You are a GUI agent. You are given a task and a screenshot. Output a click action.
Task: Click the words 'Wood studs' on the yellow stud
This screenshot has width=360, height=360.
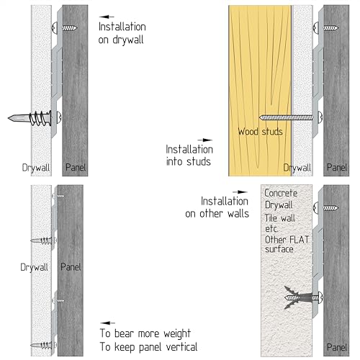point(260,132)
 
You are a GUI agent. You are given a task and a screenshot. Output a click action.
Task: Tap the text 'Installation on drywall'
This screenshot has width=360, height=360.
point(122,33)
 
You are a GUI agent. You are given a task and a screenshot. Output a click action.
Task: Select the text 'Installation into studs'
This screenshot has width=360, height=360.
point(189,156)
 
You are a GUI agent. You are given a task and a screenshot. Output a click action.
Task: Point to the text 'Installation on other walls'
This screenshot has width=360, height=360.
point(217,207)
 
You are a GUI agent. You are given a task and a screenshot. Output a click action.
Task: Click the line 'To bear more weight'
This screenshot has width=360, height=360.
point(145,333)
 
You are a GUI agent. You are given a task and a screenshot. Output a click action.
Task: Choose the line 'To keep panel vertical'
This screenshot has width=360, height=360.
point(148,347)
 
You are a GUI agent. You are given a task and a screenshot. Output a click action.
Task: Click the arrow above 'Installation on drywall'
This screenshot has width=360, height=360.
point(107,17)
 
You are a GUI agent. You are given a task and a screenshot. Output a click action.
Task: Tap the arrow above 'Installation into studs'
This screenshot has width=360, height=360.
point(204,140)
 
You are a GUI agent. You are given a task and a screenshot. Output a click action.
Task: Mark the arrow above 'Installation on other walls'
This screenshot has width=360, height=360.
point(240,192)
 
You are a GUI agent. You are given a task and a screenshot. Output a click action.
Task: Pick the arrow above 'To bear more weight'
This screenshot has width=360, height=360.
point(107,323)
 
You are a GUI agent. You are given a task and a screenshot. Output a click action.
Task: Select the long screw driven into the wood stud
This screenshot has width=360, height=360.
point(290,117)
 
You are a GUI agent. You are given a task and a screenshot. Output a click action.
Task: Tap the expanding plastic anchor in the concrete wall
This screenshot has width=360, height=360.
point(303,298)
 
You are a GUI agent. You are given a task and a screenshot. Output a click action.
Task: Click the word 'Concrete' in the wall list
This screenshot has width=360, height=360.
point(281,193)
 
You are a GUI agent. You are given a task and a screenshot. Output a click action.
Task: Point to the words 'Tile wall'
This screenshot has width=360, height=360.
point(280,218)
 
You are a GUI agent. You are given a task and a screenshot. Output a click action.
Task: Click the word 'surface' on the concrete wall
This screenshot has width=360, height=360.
point(279,249)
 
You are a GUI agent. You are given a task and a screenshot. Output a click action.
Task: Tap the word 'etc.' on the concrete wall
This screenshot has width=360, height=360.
point(271,229)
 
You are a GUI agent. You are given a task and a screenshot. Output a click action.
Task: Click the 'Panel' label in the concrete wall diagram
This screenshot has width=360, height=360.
point(337,347)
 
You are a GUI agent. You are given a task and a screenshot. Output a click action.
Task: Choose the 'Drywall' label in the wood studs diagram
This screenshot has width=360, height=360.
point(297,168)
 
